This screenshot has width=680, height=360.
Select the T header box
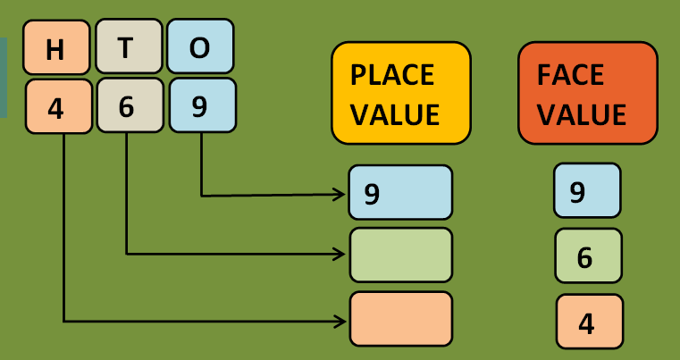pyautogui.click(x=127, y=46)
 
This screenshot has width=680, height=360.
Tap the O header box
pyautogui.click(x=200, y=46)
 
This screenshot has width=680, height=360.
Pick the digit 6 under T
pyautogui.click(x=127, y=105)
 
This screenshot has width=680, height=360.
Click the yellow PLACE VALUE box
pyautogui.click(x=400, y=93)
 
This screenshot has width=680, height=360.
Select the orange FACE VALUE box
pyautogui.click(x=587, y=93)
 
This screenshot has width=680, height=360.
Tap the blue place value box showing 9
pyautogui.click(x=400, y=192)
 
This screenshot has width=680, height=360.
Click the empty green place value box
pyautogui.click(x=400, y=255)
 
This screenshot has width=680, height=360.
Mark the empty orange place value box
pyautogui.click(x=400, y=318)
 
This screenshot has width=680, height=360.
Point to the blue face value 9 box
pyautogui.click(x=586, y=189)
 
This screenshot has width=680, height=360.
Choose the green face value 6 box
pyautogui.click(x=588, y=255)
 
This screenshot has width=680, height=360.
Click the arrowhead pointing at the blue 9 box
pyautogui.click(x=340, y=194)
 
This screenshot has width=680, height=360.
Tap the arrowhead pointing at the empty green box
pyautogui.click(x=340, y=254)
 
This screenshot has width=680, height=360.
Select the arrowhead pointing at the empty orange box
pyautogui.click(x=340, y=319)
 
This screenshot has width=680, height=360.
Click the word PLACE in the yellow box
pyautogui.click(x=391, y=74)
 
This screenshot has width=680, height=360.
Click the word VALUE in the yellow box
pyautogui.click(x=395, y=114)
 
